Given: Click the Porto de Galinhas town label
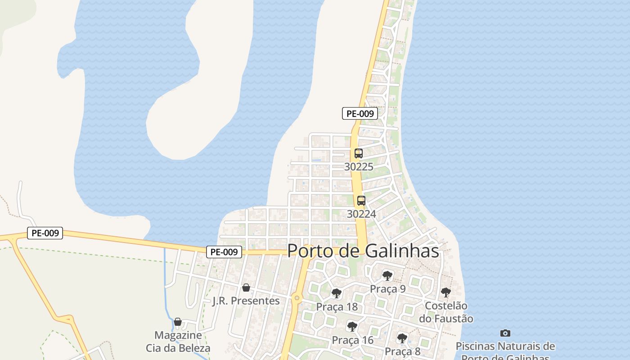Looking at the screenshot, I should point(363,251).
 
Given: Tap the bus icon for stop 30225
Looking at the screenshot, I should point(358,153).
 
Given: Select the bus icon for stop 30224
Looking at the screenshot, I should point(361,201).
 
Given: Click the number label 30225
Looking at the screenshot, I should point(359,167).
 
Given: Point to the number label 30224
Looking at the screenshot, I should point(361,214).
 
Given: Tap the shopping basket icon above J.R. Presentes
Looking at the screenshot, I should point(246,288).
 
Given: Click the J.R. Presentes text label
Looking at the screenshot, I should point(246,301).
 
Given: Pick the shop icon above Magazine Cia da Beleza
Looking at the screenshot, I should point(178,322).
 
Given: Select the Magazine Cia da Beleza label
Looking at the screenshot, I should point(178,342).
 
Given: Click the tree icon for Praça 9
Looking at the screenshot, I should point(387,276).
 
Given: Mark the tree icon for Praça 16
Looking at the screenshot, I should point(352,327).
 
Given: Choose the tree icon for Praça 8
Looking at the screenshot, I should point(402,338).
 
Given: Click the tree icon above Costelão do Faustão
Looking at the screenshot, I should point(445,292).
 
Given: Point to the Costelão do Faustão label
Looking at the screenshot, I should point(446,312).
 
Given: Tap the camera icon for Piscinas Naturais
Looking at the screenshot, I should point(505,333).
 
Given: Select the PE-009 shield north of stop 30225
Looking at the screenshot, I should point(360,114).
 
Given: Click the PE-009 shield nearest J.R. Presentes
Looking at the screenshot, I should point(224,252).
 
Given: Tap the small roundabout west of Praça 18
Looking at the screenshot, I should point(296,297).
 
